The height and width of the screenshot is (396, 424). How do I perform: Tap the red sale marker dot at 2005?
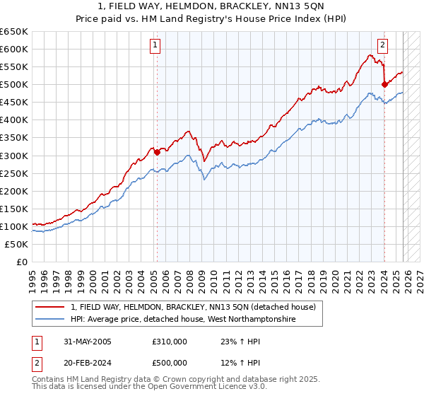coord(157,151)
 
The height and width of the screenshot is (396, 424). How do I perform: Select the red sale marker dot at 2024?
coord(384,84)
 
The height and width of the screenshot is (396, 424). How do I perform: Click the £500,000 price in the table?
coord(169,362)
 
